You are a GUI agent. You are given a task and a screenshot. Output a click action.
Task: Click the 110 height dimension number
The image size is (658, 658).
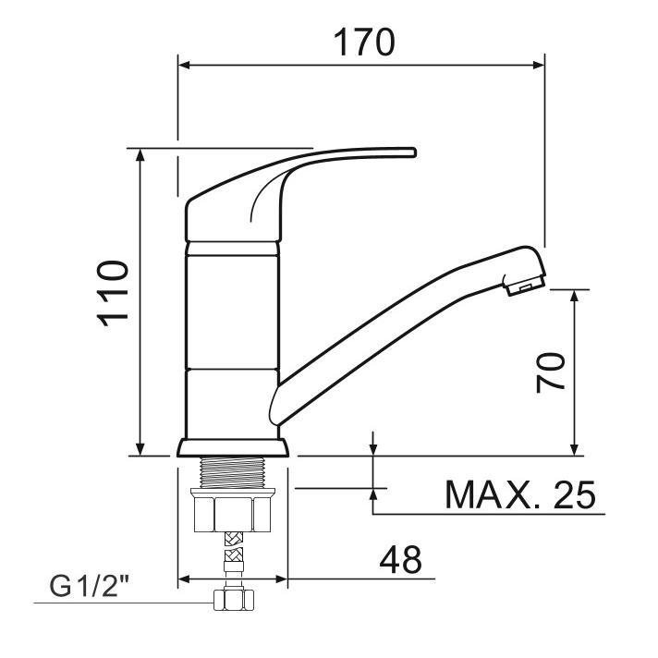(113, 293)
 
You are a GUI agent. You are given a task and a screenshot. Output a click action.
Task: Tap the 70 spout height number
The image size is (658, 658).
(551, 372)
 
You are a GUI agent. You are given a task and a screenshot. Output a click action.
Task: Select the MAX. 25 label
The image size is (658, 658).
(520, 495)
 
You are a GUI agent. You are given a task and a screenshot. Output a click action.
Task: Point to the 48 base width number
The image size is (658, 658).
(399, 559)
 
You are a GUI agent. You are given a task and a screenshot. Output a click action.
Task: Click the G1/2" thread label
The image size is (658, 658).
(91, 586)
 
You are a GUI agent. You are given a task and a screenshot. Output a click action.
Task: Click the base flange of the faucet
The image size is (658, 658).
(232, 448)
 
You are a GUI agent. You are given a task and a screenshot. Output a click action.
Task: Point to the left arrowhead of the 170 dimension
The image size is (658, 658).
(184, 65)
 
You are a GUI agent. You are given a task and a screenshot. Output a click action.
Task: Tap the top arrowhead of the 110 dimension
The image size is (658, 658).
(140, 154)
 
